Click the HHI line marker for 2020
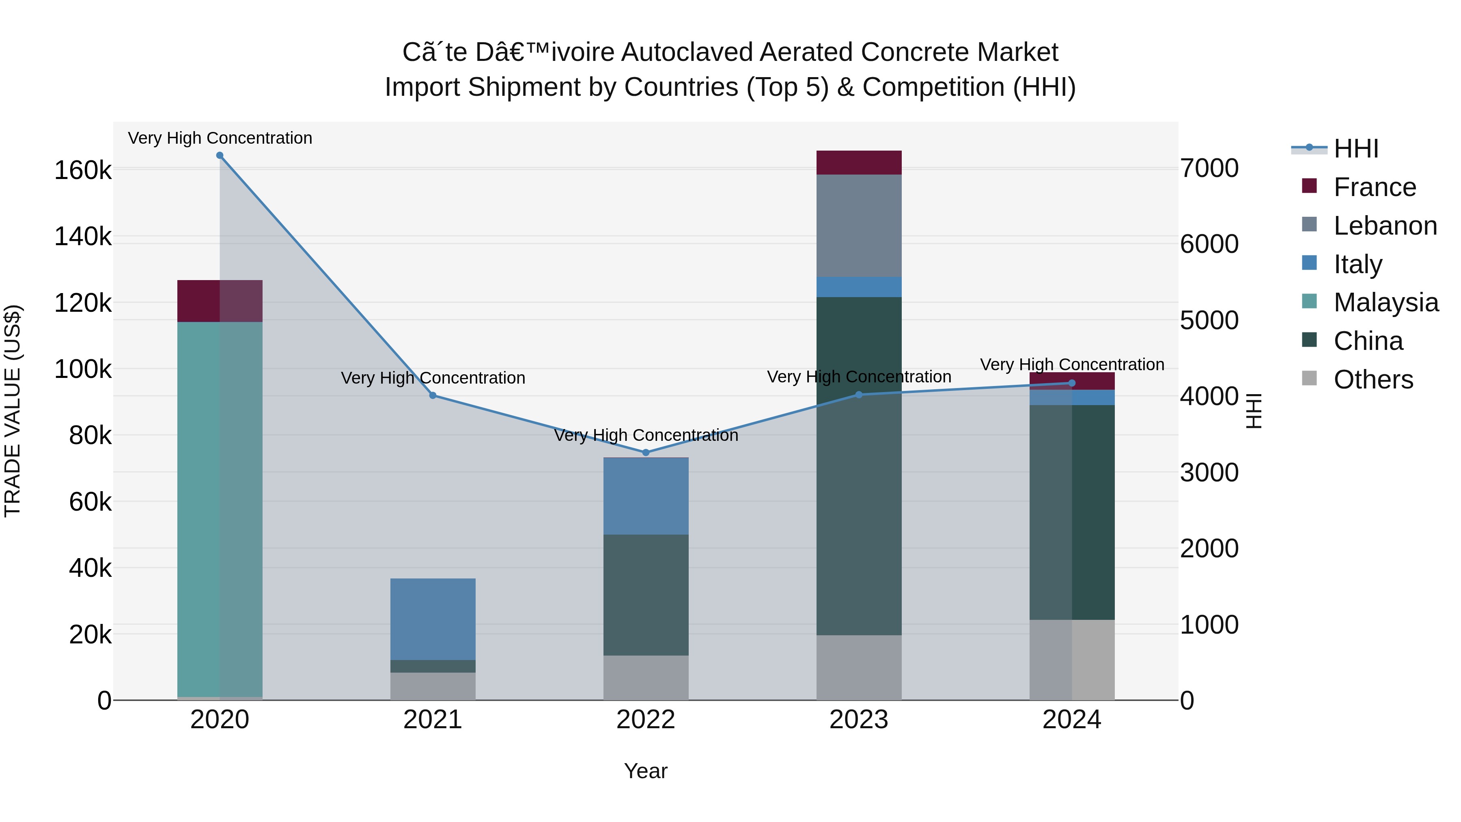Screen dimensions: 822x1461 pos(220,155)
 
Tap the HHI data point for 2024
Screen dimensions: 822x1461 pos(1071,383)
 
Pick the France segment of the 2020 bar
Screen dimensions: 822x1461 pos(220,301)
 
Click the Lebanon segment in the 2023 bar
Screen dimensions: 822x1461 pos(859,225)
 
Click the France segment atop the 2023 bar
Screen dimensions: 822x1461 pos(859,162)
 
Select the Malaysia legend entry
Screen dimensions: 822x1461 pos(1385,302)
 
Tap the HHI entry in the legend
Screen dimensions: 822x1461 pos(1355,149)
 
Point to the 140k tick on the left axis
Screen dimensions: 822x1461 pos(83,237)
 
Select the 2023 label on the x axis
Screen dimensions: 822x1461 pos(859,720)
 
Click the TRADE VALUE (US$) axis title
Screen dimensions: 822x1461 pos(13,411)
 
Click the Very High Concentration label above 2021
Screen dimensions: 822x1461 pos(433,378)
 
